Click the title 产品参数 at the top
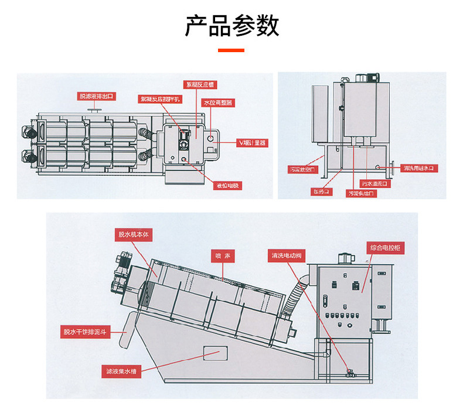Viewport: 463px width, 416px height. (231, 26)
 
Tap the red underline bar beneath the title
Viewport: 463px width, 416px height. (231, 51)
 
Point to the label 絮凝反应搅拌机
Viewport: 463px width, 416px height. (160, 99)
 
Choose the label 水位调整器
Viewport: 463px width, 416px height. (219, 103)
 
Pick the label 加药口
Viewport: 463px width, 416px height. (321, 191)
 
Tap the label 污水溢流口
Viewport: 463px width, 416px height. (374, 183)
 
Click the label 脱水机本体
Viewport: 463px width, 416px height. (134, 234)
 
